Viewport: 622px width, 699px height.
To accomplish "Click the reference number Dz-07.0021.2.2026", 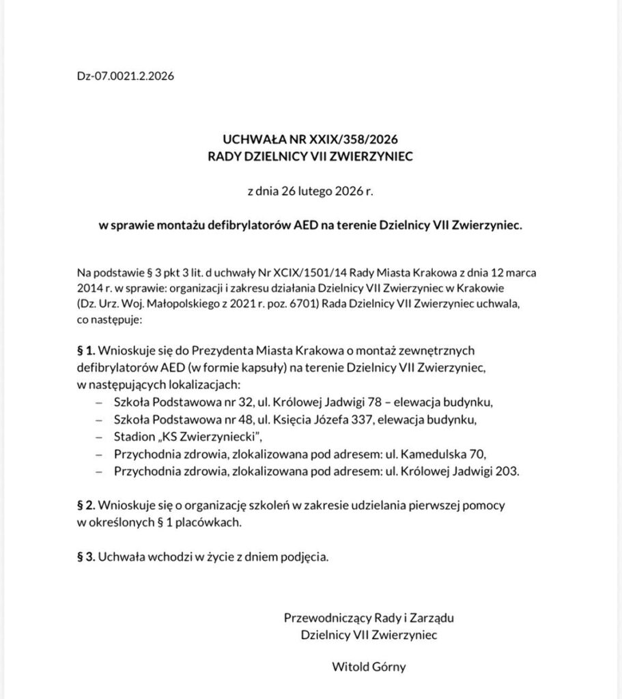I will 126,76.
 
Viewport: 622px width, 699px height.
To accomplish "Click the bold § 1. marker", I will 87,351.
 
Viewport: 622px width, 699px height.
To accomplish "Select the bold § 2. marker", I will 87,507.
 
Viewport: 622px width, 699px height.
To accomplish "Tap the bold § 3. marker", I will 87,557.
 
